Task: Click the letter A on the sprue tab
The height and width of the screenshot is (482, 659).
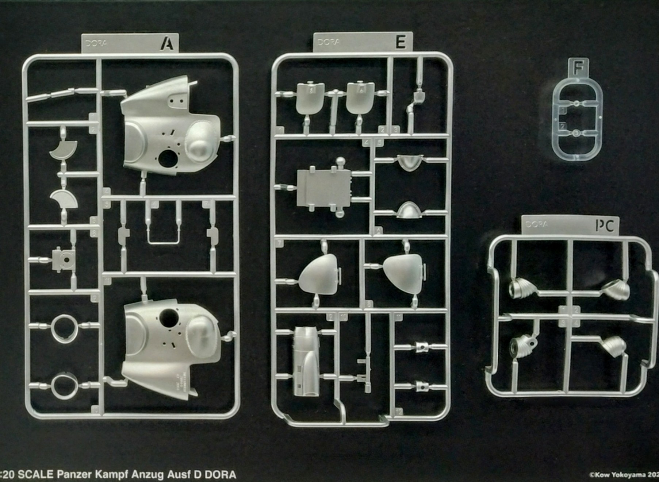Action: click(168, 43)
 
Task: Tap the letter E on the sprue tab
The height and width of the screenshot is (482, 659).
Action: click(400, 42)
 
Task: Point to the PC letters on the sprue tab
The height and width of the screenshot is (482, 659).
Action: click(605, 226)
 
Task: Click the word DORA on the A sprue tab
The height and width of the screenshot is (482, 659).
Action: click(96, 43)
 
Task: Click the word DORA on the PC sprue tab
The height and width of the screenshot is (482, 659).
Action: click(537, 224)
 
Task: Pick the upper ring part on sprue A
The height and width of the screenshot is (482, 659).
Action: click(65, 328)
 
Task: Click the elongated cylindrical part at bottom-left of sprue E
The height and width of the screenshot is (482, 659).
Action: click(306, 361)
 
